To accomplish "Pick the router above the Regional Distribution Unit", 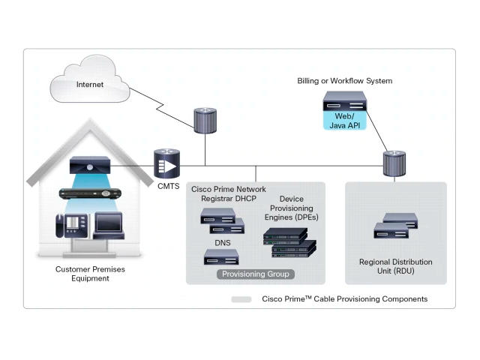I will click(x=394, y=163).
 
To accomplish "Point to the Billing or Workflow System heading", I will click(x=344, y=81).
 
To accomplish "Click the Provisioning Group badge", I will click(x=255, y=274).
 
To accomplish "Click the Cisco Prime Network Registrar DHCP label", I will click(x=229, y=195).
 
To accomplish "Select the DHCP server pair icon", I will click(x=222, y=221).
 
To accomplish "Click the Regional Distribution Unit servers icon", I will click(x=395, y=226).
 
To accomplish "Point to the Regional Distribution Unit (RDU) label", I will click(x=395, y=266).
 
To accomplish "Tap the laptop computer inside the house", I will click(x=108, y=224).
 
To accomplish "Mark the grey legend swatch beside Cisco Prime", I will click(x=241, y=298).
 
